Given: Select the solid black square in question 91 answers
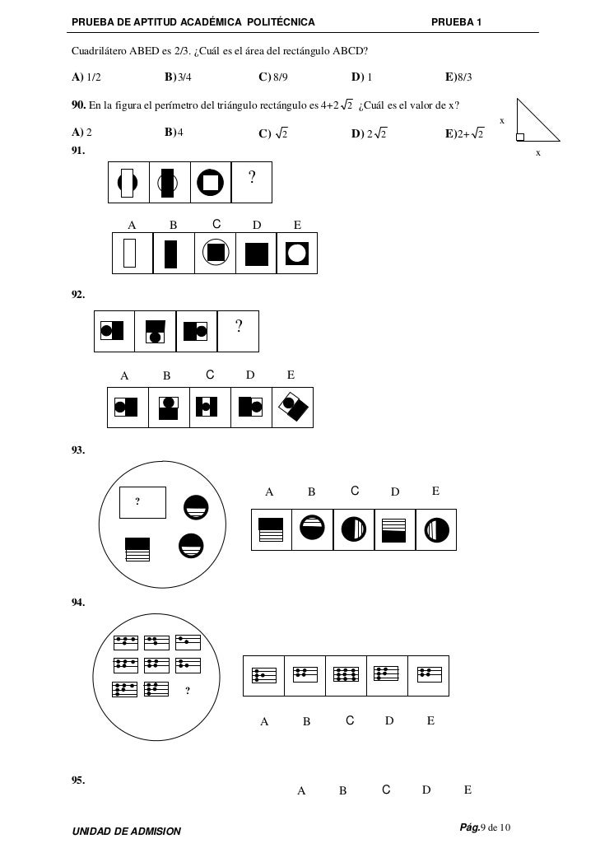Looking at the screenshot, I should pos(256,254).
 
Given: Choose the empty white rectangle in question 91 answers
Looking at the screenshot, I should pos(130,253).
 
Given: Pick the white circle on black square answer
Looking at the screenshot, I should pos(296,254).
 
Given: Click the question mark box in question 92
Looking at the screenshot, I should pos(238,331).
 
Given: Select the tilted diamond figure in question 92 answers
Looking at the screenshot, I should pos(292,407).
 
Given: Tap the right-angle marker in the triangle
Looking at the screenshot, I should pos(519,137).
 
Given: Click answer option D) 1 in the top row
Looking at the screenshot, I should pos(361,77).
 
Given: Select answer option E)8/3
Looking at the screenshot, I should pos(459,77).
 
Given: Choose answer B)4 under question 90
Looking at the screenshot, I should pos(174,132).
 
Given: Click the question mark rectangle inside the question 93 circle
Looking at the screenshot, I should pos(142,502).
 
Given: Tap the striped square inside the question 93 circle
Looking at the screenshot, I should pos(138,548).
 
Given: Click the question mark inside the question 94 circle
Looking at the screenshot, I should pos(187,690).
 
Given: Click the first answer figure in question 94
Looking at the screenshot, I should pos(263,676).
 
